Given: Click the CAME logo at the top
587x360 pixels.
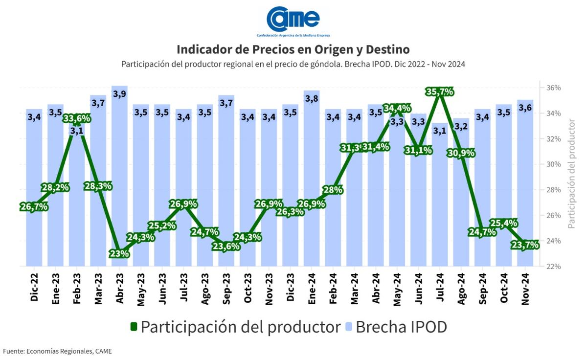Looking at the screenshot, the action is click(293, 22).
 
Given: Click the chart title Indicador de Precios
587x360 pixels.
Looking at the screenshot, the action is click(293, 49).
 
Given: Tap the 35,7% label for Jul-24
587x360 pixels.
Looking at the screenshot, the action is click(440, 91).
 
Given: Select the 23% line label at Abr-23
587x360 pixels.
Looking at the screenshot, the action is click(119, 254).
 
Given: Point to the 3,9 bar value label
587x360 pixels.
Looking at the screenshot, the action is click(119, 94).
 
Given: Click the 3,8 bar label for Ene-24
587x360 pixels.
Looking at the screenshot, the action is click(312, 98).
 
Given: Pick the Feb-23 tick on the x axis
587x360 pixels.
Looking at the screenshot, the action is click(77, 289).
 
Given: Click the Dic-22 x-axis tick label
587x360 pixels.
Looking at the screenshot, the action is click(34, 287).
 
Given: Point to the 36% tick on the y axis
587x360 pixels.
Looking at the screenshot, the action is click(553, 88).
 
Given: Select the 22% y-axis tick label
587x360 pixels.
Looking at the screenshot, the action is click(553, 267).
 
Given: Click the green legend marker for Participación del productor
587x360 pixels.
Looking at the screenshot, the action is click(134, 326).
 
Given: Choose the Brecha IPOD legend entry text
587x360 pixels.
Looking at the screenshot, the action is click(401, 327).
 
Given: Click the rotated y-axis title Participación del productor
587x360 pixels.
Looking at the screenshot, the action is click(571, 174).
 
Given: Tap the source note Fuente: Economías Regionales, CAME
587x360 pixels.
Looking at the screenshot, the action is click(57, 351).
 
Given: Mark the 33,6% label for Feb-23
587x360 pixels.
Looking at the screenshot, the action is click(77, 118).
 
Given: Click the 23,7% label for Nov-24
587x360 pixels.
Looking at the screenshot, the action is click(525, 245).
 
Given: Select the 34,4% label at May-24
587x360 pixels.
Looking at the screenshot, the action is click(397, 108).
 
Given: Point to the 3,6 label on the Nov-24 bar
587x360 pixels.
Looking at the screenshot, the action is click(525, 108).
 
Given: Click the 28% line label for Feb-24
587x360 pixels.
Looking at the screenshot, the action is click(333, 190).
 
